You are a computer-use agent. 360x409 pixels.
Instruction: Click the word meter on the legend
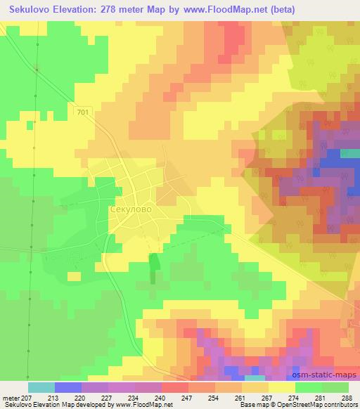coord(13,397)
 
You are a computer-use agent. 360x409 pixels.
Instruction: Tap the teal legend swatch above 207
coord(41,387)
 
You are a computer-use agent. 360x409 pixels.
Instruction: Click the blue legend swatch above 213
coord(68,387)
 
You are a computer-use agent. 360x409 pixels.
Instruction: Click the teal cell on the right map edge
coord(349,153)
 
